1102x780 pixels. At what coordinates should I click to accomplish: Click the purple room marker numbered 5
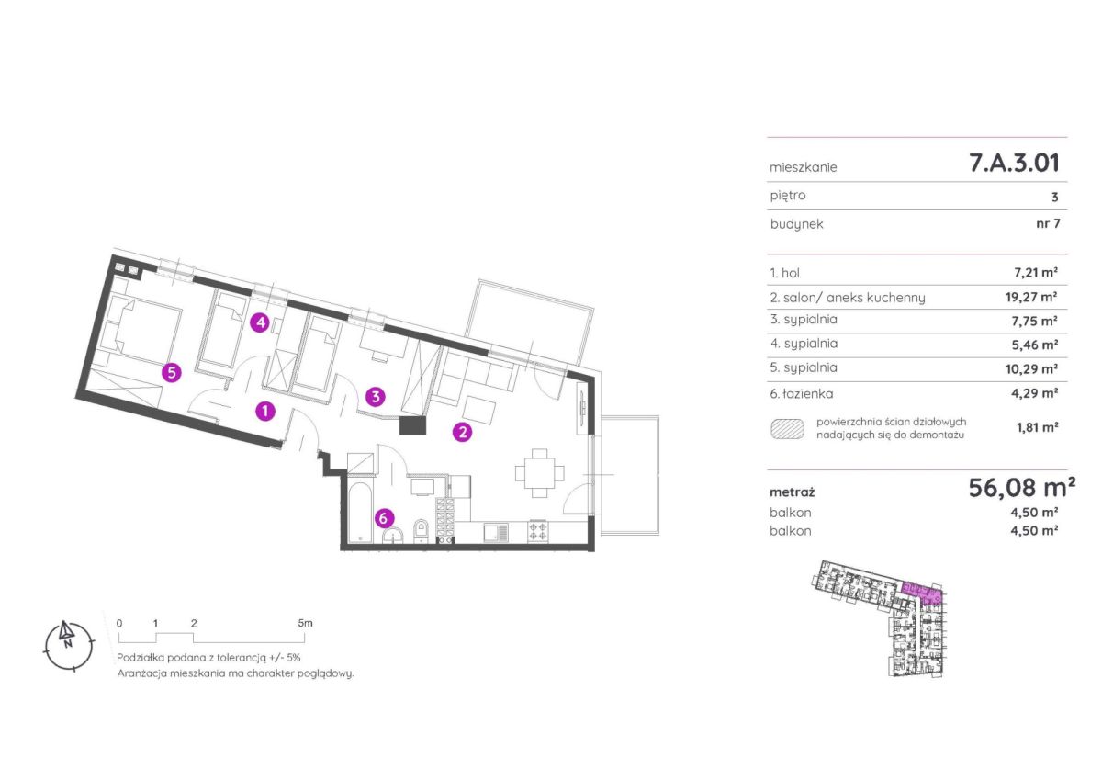click(171, 372)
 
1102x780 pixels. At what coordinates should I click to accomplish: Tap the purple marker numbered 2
click(462, 432)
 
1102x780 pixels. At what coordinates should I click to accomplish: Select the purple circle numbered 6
click(384, 518)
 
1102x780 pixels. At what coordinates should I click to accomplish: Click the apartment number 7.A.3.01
click(1014, 163)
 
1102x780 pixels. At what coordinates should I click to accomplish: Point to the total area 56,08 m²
click(1021, 488)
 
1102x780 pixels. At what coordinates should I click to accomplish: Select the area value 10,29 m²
click(1031, 368)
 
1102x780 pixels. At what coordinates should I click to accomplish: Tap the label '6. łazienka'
click(802, 394)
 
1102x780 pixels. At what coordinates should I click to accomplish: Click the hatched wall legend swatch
click(787, 429)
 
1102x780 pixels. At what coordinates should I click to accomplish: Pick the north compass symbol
click(68, 646)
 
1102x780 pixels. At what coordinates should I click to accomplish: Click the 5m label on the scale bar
click(305, 623)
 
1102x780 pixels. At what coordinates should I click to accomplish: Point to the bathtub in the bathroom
click(359, 513)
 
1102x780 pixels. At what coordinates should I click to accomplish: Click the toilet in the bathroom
click(422, 531)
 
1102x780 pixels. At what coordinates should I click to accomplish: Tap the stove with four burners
click(537, 531)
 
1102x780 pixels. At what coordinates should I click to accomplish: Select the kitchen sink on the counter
click(496, 532)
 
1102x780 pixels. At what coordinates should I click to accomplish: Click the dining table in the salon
click(540, 473)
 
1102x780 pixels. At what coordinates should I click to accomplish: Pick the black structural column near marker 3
click(412, 425)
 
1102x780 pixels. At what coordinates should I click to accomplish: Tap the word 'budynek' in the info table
click(796, 224)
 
